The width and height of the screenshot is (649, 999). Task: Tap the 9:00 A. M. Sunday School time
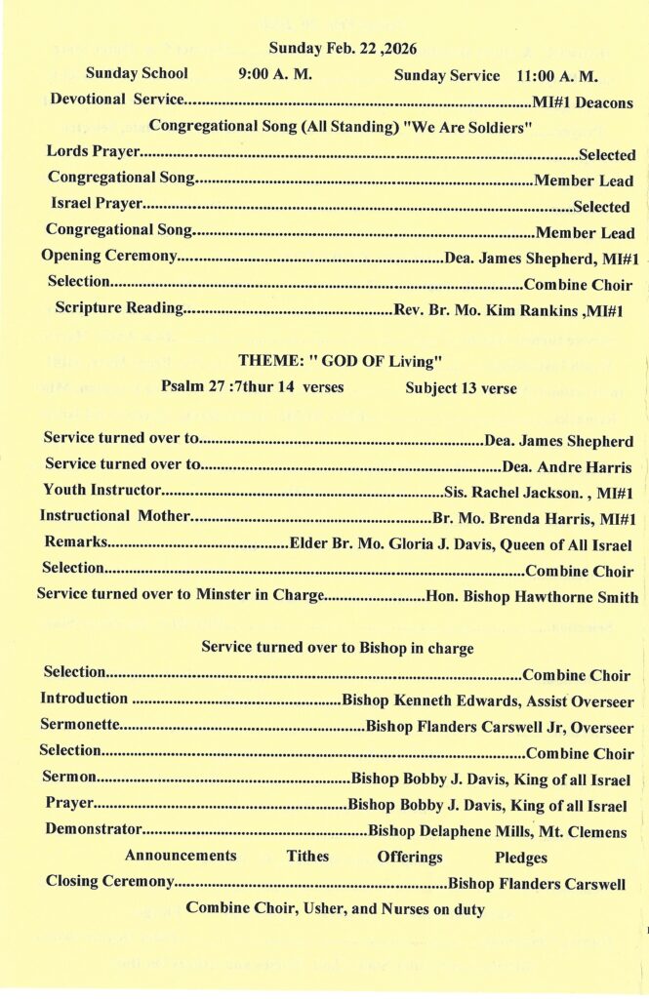tap(275, 74)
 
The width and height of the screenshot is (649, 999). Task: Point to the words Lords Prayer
tap(93, 153)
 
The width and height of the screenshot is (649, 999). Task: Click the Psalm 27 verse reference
tap(252, 387)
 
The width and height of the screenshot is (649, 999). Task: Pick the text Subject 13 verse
tap(461, 388)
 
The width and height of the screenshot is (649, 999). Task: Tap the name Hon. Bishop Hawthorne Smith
tap(532, 597)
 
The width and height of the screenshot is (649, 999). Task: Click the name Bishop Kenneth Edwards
tap(426, 700)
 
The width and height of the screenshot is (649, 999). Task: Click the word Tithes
tap(307, 857)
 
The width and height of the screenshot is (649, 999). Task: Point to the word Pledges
tap(521, 858)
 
